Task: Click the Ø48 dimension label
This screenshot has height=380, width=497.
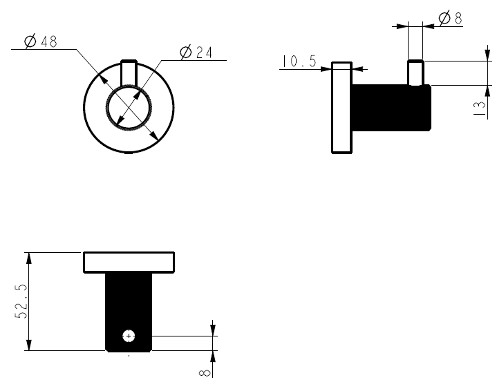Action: pyautogui.click(x=40, y=41)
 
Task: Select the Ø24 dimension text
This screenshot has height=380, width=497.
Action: pyautogui.click(x=196, y=53)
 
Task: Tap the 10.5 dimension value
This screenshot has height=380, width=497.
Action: pyautogui.click(x=299, y=62)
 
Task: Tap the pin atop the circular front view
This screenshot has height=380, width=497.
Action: pyautogui.click(x=129, y=72)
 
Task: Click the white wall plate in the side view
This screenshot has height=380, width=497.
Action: pyautogui.click(x=342, y=107)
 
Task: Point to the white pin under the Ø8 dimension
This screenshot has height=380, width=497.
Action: pyautogui.click(x=415, y=73)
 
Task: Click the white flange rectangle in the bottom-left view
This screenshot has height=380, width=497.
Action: pyautogui.click(x=129, y=263)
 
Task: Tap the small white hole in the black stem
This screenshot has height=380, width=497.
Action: pyautogui.click(x=129, y=336)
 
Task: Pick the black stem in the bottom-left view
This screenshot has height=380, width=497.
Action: pyautogui.click(x=129, y=304)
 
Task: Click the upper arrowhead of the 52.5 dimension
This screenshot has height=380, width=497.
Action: pyautogui.click(x=28, y=257)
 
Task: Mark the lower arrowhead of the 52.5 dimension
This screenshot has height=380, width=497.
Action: pyautogui.click(x=28, y=346)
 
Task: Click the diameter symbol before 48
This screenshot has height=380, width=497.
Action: pyautogui.click(x=30, y=41)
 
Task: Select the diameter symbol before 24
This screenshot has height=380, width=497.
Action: pyautogui.click(x=185, y=53)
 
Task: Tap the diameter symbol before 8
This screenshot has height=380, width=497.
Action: pyautogui.click(x=443, y=19)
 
